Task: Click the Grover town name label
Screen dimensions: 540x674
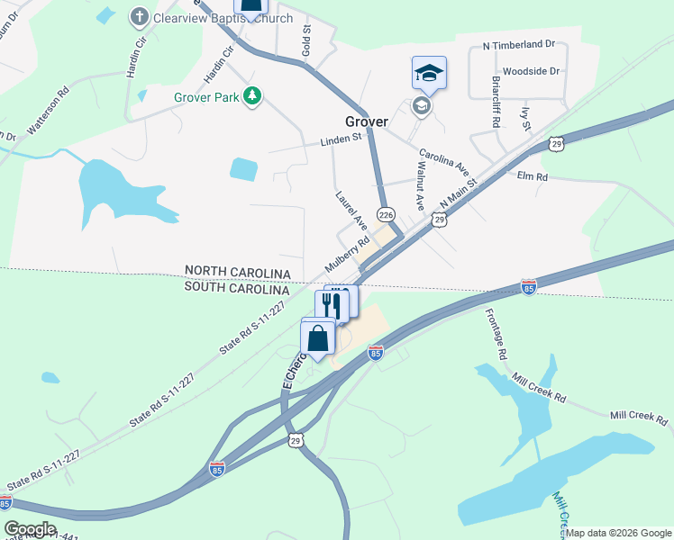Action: click(366, 121)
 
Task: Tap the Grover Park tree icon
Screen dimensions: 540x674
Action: click(254, 95)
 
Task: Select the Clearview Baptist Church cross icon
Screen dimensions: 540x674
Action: click(139, 16)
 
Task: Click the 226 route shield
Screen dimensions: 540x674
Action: click(386, 215)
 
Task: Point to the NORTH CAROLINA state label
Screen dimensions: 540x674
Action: click(238, 272)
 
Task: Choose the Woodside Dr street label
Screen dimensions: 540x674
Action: click(531, 71)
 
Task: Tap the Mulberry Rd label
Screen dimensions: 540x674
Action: click(348, 255)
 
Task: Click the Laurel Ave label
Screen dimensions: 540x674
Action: click(351, 209)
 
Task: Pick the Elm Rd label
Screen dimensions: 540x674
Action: click(532, 177)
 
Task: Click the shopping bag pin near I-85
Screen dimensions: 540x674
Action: click(318, 339)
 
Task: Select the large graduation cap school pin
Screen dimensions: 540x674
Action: click(429, 73)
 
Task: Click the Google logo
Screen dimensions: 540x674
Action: click(30, 529)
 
